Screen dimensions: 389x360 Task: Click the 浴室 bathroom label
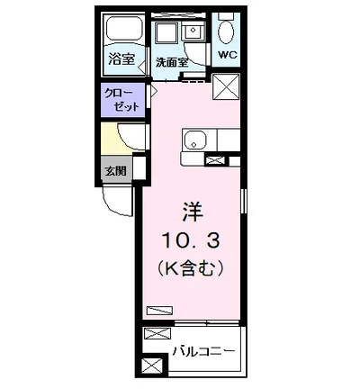[x=122, y=60]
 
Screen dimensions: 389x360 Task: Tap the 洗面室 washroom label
[x=171, y=62]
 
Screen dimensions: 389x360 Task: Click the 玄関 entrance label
[x=115, y=170]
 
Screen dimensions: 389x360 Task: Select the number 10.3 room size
[x=191, y=240]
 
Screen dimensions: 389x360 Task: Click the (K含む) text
[x=190, y=267]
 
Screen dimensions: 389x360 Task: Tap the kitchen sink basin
[x=196, y=140]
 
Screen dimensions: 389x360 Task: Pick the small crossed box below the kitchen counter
[x=215, y=160]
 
